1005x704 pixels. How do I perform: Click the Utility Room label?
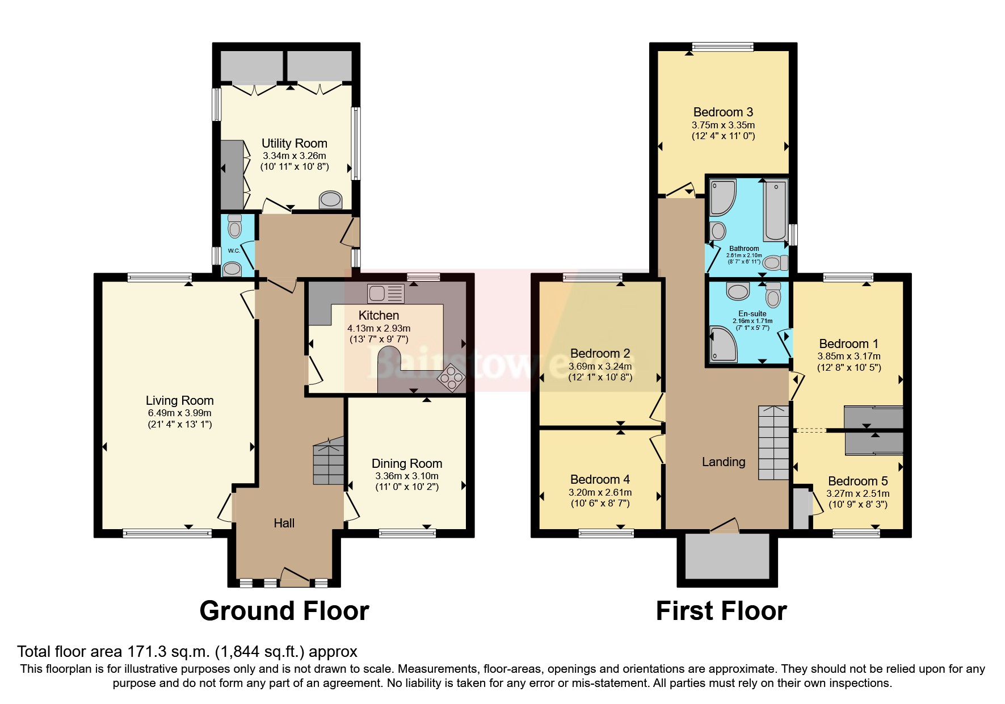294,143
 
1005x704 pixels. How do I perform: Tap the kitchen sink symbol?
385,294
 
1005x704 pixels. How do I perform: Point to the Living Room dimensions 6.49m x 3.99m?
179,413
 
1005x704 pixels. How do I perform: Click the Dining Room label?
406,463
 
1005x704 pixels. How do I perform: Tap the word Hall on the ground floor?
284,523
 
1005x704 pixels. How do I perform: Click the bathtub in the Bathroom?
775,210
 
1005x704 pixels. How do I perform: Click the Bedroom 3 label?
723,112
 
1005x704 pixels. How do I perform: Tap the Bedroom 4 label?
600,479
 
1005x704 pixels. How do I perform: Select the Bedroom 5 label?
857,481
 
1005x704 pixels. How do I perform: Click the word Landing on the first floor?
723,462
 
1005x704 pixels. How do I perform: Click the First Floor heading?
721,611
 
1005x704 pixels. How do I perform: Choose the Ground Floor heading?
284,611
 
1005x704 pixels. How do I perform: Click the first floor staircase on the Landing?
773,443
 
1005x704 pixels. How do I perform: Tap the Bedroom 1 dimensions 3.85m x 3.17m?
848,356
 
